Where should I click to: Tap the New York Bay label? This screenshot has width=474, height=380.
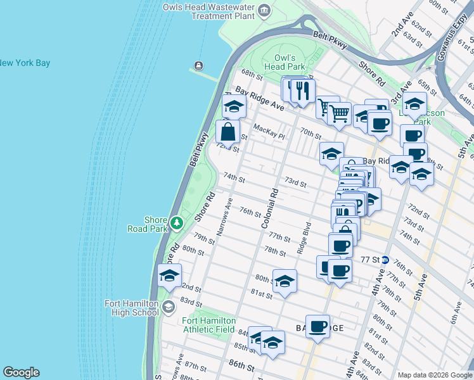click(24, 63)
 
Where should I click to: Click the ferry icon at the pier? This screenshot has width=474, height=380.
click(198, 65)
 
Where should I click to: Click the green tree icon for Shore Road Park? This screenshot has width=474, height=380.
click(177, 223)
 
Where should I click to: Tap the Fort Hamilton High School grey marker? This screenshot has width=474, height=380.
click(168, 308)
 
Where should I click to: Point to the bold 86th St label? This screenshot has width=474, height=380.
click(241, 366)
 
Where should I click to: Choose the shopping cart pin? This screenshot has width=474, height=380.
click(340, 115)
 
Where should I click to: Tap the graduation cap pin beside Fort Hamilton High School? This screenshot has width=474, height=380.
click(170, 276)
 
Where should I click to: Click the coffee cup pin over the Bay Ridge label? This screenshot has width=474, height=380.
click(319, 327)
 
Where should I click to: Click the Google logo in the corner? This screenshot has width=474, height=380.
click(21, 372)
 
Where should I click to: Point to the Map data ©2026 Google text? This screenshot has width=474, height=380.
click(434, 375)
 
